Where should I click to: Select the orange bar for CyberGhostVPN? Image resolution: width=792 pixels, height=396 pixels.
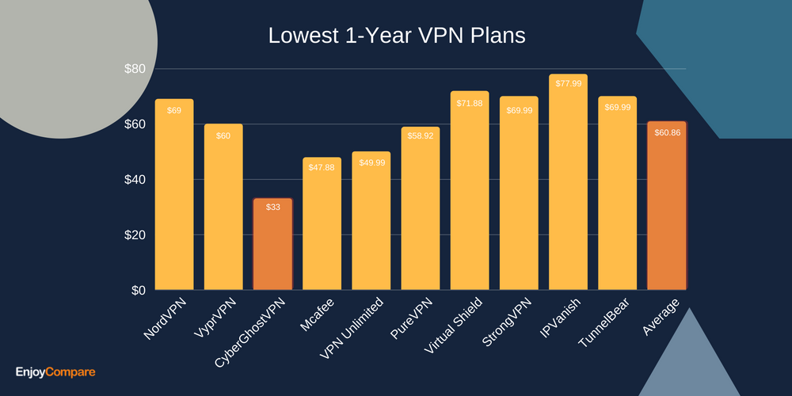(272, 246)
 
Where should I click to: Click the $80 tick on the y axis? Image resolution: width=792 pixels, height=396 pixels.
(135, 69)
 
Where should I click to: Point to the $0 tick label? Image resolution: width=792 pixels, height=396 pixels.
(138, 290)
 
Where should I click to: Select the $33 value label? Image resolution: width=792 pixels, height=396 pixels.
(272, 208)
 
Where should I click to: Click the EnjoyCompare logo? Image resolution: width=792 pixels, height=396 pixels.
(55, 371)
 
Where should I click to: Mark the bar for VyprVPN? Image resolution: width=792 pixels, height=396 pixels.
(223, 210)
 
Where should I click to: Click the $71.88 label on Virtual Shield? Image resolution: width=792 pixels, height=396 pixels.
(470, 103)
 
